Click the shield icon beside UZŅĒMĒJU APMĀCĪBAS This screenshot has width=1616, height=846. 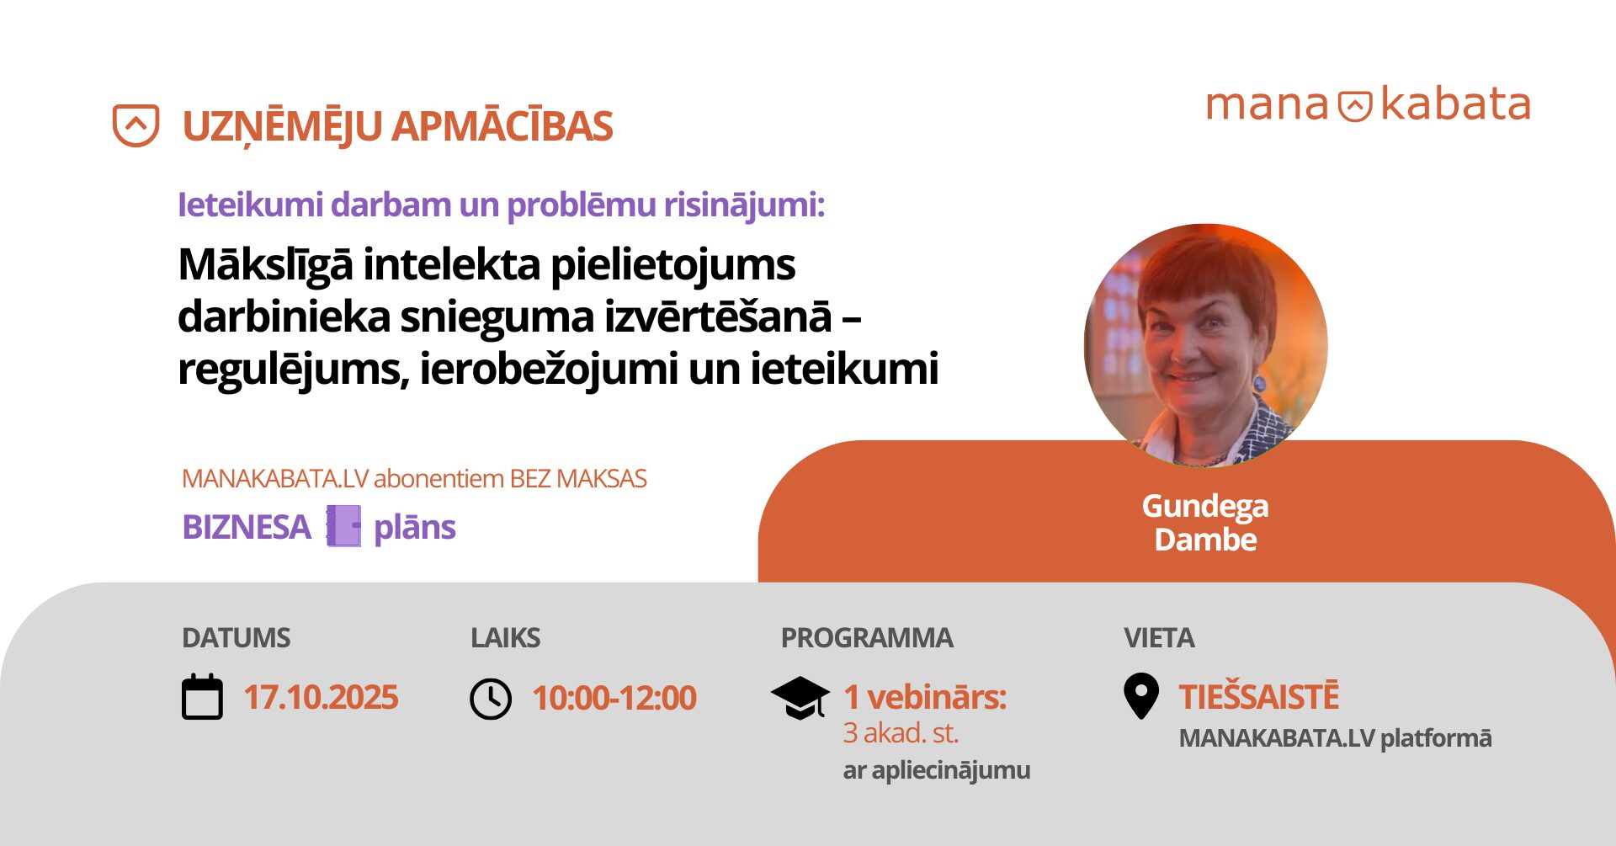[x=136, y=125]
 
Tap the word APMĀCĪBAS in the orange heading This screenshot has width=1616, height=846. [x=502, y=126]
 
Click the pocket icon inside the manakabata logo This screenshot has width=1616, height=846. [x=1355, y=106]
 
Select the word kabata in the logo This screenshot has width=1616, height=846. [x=1455, y=104]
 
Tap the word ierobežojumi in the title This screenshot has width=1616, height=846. [x=549, y=370]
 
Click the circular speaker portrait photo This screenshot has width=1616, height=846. [x=1205, y=345]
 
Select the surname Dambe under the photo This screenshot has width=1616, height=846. [x=1205, y=540]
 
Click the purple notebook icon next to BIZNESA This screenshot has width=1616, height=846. [x=343, y=526]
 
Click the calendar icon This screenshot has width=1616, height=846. [x=203, y=697]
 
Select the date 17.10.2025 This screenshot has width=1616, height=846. [x=321, y=698]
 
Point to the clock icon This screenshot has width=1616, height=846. [x=491, y=699]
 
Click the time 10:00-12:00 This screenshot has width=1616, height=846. [x=614, y=698]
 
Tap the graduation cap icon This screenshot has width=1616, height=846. [x=800, y=698]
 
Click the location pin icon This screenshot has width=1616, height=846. [x=1141, y=696]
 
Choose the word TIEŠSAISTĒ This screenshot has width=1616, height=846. [x=1259, y=697]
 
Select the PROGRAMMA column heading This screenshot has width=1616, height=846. [x=867, y=638]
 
